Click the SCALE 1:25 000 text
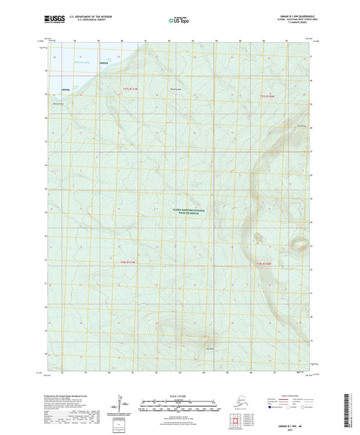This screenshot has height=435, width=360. point(179,394)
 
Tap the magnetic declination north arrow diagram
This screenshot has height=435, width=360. point(123,403)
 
